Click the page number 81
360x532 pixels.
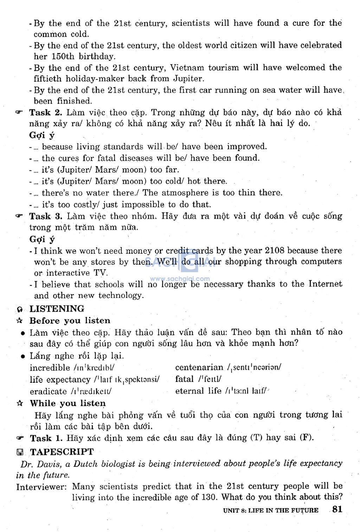tap(337, 509)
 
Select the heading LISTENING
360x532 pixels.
tap(57, 309)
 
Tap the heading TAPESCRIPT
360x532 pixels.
tap(62, 452)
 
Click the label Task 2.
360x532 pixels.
tap(46, 113)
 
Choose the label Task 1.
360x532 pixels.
tap(46, 438)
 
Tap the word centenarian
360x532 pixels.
tap(199, 367)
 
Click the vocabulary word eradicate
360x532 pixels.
tap(48, 391)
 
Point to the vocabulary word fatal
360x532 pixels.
tap(185, 379)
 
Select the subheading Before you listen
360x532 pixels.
tap(70, 321)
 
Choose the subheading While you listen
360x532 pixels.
tap(67, 403)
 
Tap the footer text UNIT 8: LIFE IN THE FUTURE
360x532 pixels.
tap(271, 510)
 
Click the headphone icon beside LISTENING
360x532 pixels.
tap(20, 309)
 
